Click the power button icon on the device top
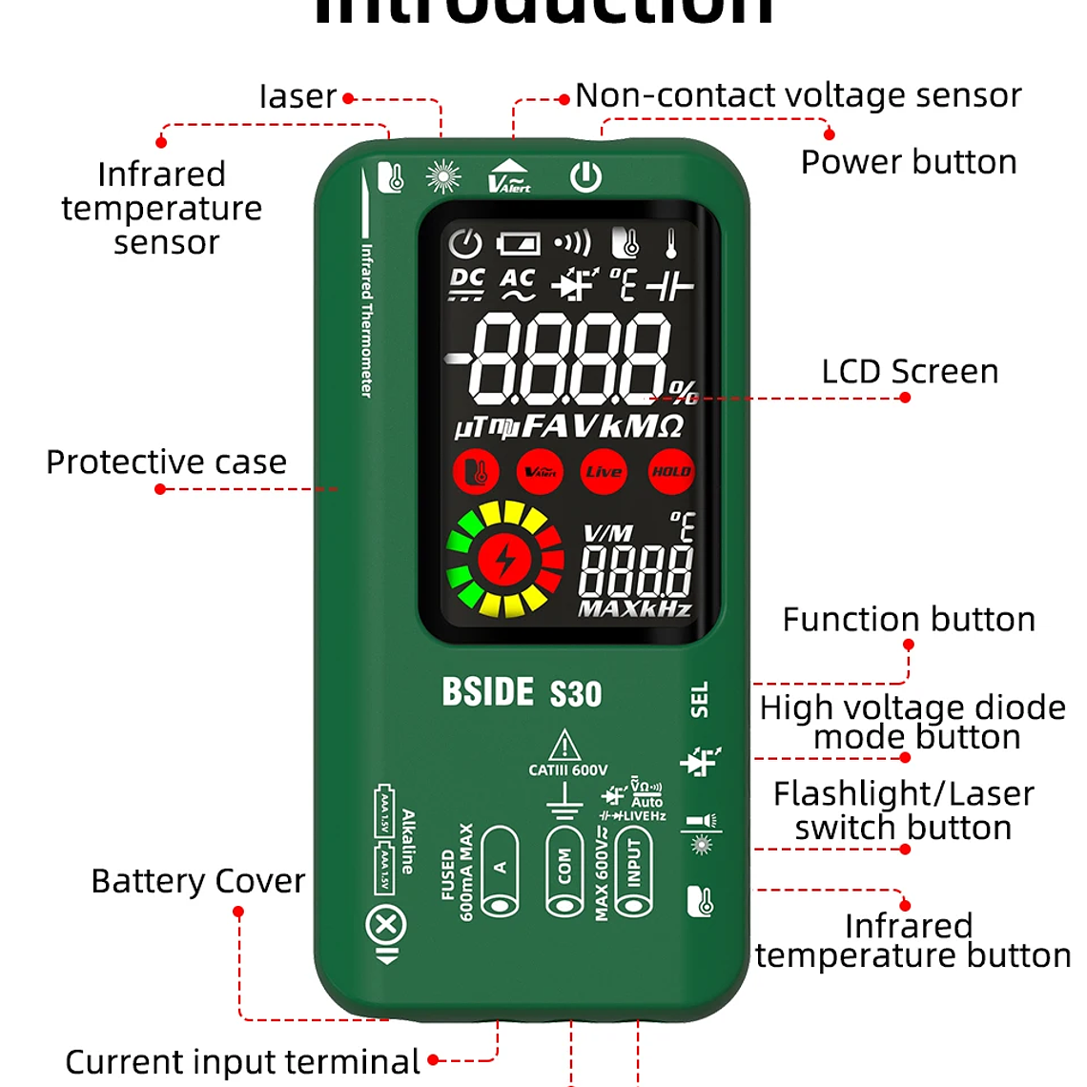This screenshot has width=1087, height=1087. [x=585, y=176]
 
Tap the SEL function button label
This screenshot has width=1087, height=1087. [x=700, y=699]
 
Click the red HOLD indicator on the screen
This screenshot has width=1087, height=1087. [x=670, y=471]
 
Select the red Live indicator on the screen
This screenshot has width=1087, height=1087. [x=604, y=471]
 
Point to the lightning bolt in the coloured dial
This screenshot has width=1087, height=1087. [x=505, y=560]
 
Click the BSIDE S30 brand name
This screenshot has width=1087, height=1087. [x=522, y=692]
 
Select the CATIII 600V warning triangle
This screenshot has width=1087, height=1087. [x=564, y=745]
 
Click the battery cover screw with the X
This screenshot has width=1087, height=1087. [x=386, y=925]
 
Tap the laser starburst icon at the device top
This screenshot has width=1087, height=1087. [x=443, y=176]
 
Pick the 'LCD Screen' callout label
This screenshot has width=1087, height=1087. [x=910, y=371]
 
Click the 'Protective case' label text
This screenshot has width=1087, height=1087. [x=167, y=461]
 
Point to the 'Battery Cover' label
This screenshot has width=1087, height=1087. [x=198, y=881]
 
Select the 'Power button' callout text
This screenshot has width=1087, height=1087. [x=909, y=162]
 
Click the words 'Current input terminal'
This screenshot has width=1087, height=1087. [x=242, y=1061]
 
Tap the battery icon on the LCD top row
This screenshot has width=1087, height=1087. [x=518, y=243]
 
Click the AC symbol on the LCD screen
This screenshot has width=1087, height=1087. [x=518, y=282]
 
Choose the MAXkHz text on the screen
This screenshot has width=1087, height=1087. [x=635, y=608]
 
